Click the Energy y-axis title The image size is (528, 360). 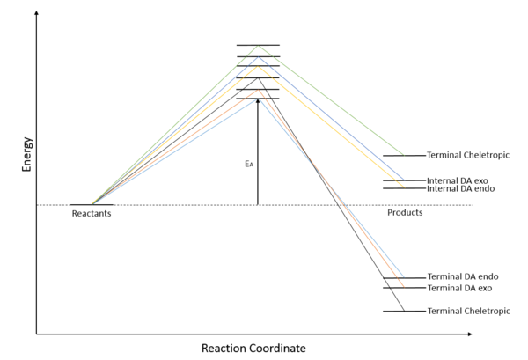[27, 154]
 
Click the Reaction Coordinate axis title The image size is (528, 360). [253, 349]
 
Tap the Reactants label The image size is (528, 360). [92, 214]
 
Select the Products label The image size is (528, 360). [405, 213]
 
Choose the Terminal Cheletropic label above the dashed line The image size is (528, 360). [467, 156]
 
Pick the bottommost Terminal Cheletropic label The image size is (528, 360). [467, 312]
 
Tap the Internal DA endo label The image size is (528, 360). [458, 189]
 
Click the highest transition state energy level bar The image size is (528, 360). [258, 45]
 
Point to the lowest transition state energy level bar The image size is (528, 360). [258, 99]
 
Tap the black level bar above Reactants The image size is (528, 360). [92, 205]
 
